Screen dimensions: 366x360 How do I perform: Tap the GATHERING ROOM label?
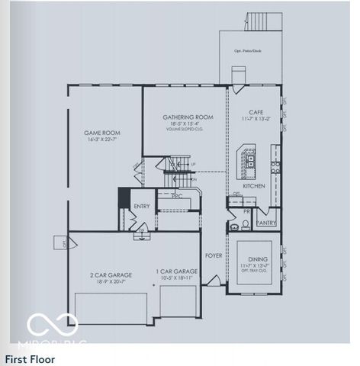tap(188, 117)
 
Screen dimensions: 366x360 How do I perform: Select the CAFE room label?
tap(256, 112)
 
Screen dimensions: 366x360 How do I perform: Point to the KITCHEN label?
tap(254, 185)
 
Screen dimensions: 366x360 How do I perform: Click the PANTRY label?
tap(266, 223)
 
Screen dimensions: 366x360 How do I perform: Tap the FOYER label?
tap(214, 255)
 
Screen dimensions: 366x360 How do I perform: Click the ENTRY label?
tap(142, 206)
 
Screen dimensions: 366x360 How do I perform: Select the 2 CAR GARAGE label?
tap(111, 274)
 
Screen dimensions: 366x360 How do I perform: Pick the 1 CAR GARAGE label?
tap(177, 271)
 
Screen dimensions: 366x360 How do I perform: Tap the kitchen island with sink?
tap(247, 157)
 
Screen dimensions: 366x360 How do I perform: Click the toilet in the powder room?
tap(246, 224)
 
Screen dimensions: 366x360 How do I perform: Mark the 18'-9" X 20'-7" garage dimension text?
tap(111, 281)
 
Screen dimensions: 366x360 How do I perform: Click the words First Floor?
tap(30, 358)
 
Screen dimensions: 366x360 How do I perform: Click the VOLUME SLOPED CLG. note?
tap(188, 129)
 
